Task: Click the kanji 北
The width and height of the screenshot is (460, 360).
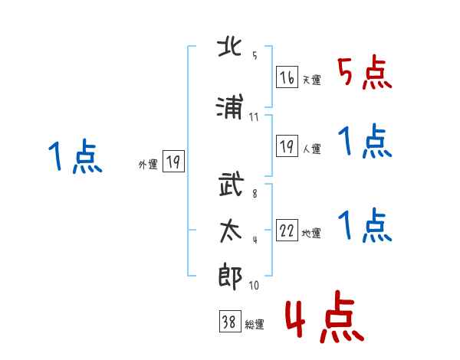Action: click(x=229, y=47)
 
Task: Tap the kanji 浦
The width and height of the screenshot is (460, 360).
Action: click(x=229, y=106)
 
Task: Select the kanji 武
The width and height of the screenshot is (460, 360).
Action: click(x=231, y=184)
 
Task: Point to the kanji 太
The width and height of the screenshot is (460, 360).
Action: click(x=231, y=231)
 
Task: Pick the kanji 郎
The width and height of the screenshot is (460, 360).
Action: click(x=230, y=277)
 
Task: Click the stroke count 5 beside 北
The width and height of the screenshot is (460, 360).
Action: click(x=255, y=55)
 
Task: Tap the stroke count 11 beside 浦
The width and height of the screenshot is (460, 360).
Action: click(x=254, y=117)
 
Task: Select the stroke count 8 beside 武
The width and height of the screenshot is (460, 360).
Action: click(x=255, y=194)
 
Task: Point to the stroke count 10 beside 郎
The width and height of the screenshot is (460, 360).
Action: click(x=254, y=285)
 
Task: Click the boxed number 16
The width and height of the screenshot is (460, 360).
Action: click(x=287, y=77)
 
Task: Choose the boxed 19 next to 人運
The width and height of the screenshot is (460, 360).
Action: click(x=287, y=146)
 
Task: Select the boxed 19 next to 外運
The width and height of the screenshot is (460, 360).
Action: click(x=173, y=161)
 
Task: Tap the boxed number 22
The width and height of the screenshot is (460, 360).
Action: click(x=287, y=230)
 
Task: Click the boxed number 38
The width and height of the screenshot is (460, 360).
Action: click(x=230, y=321)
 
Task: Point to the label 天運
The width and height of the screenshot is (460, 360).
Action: click(x=312, y=80)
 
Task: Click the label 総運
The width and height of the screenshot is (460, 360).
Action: click(x=255, y=325)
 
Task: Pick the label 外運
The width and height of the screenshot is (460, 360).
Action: click(x=148, y=164)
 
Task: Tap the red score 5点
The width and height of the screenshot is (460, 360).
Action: click(x=365, y=72)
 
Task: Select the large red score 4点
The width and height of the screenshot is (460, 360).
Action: click(x=324, y=316)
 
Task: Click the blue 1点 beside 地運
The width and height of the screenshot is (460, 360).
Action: click(x=365, y=225)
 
